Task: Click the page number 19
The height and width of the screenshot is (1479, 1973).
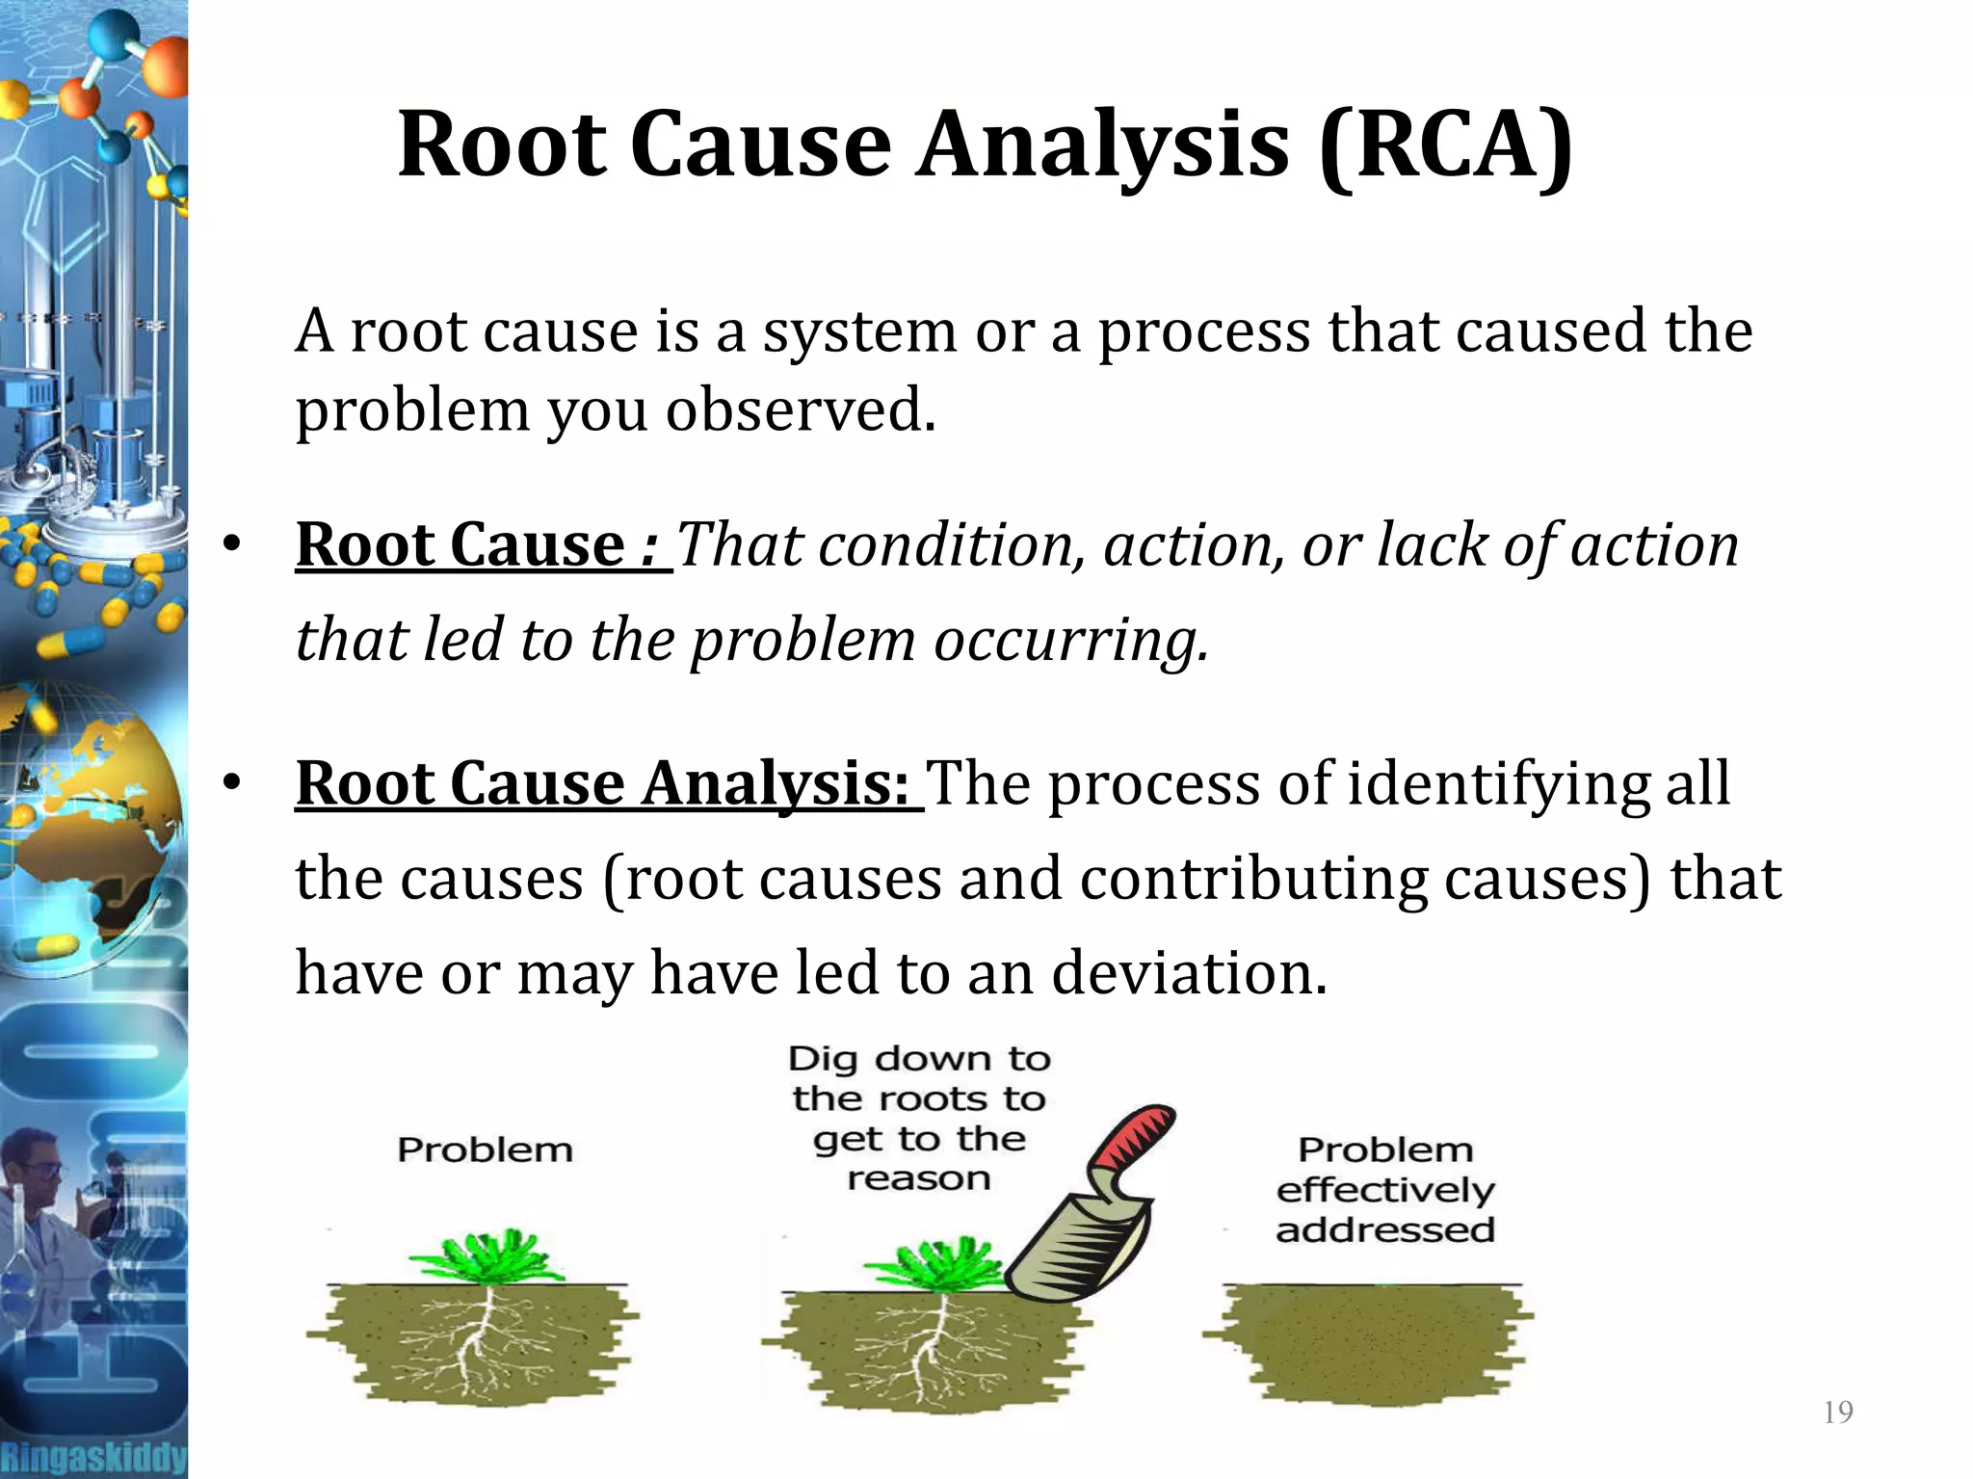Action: (1838, 1412)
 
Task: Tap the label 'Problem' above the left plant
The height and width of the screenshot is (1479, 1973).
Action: (485, 1149)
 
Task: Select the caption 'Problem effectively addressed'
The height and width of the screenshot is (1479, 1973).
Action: (1385, 1190)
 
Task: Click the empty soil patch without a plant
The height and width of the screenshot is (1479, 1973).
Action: (1368, 1344)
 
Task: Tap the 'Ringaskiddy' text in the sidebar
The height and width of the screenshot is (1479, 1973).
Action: (93, 1456)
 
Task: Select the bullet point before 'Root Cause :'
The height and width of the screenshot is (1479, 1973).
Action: (231, 545)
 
